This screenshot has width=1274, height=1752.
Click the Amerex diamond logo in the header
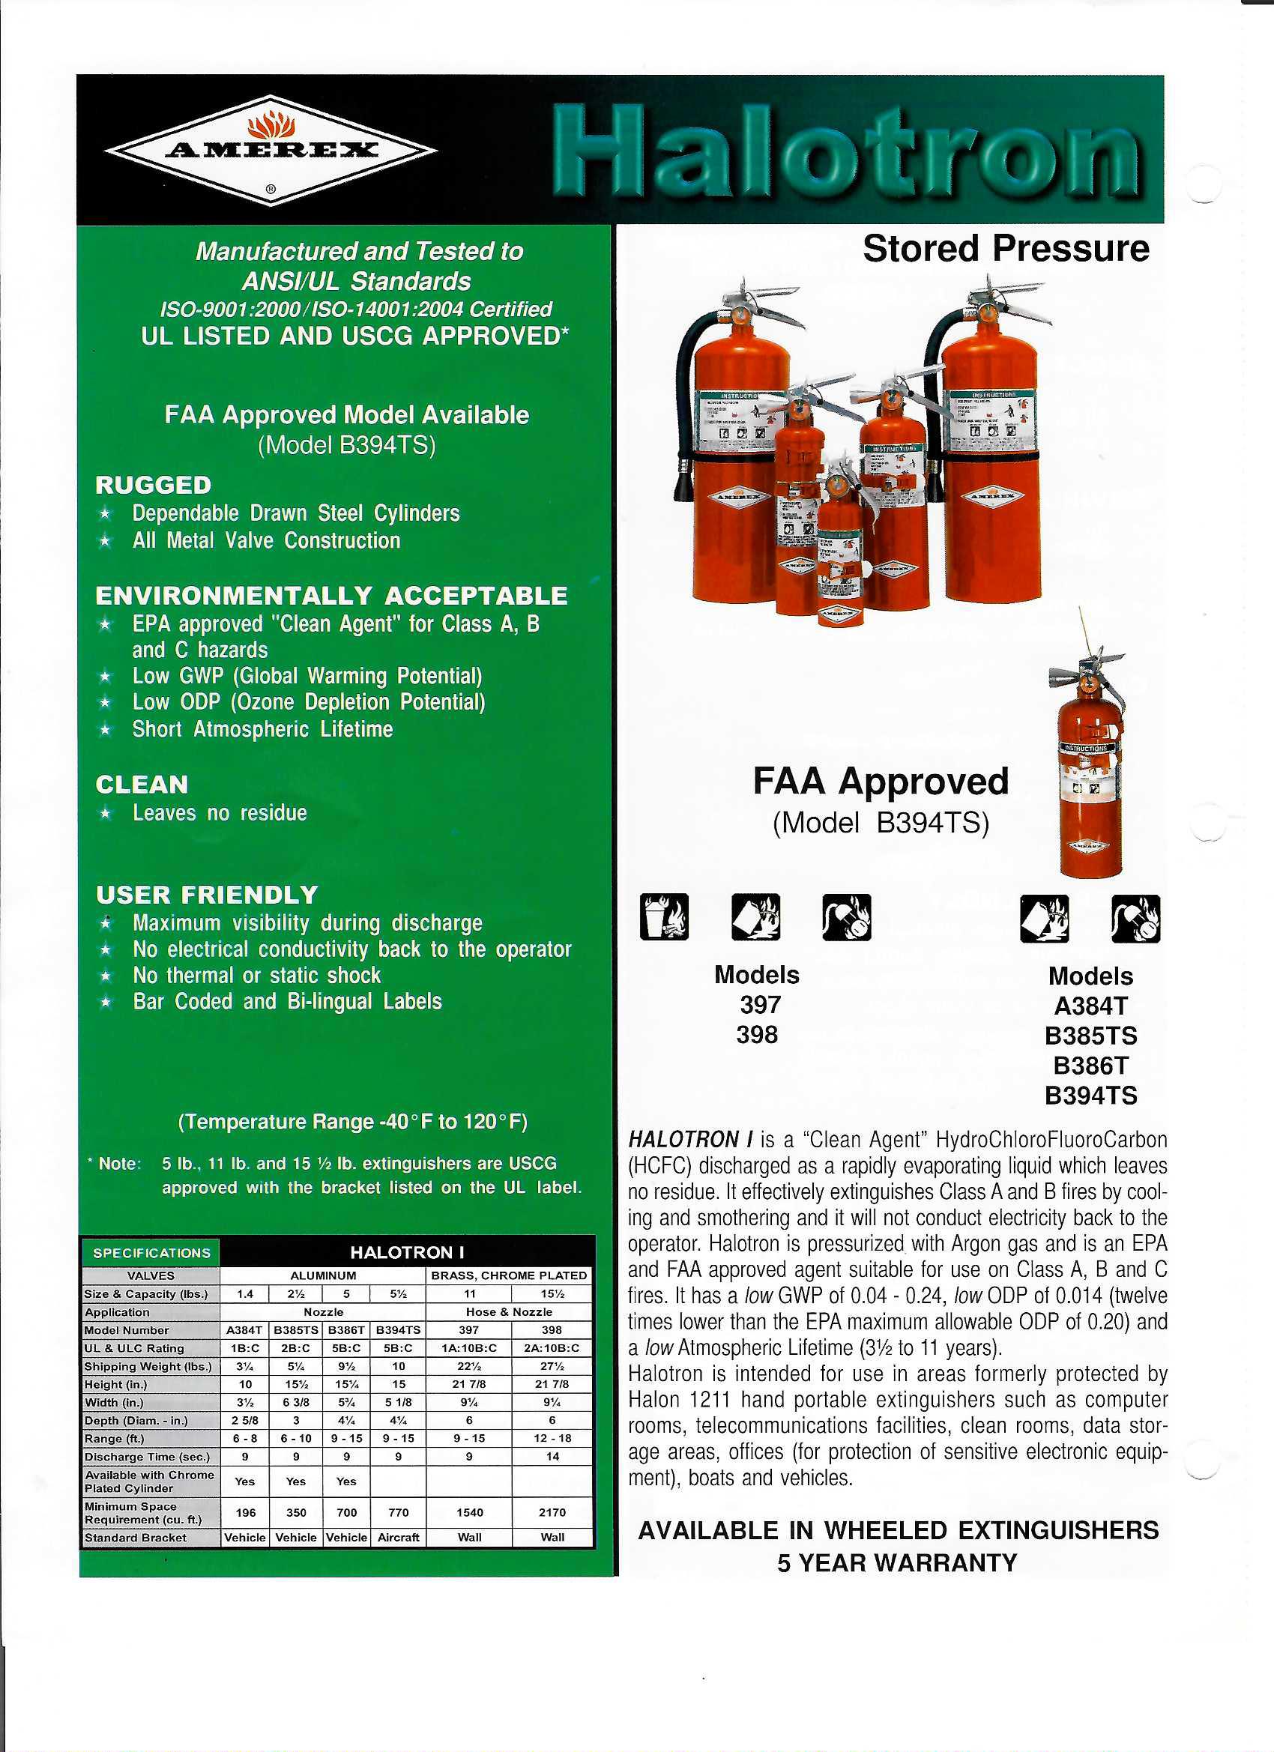click(x=271, y=150)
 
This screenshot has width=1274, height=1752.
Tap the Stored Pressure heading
click(x=1005, y=249)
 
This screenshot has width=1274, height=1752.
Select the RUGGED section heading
click(x=153, y=485)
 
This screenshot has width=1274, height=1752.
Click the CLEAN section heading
click(x=142, y=785)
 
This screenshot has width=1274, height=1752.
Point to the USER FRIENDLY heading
click(x=207, y=895)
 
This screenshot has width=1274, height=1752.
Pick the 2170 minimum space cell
click(x=552, y=1512)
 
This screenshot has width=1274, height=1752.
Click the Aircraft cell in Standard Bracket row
click(x=398, y=1537)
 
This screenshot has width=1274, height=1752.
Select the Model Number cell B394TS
click(x=398, y=1330)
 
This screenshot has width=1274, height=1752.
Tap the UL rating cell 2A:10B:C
click(x=552, y=1348)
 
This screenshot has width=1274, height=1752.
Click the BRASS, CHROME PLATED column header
click(x=508, y=1275)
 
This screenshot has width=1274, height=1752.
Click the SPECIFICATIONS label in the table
click(x=151, y=1253)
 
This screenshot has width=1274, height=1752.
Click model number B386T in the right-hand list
click(x=1090, y=1066)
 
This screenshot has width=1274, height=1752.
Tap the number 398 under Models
click(x=756, y=1034)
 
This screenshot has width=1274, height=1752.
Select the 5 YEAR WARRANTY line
click(x=897, y=1562)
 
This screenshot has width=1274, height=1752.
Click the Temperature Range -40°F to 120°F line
click(x=352, y=1122)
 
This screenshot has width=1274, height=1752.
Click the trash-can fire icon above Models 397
click(x=664, y=917)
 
